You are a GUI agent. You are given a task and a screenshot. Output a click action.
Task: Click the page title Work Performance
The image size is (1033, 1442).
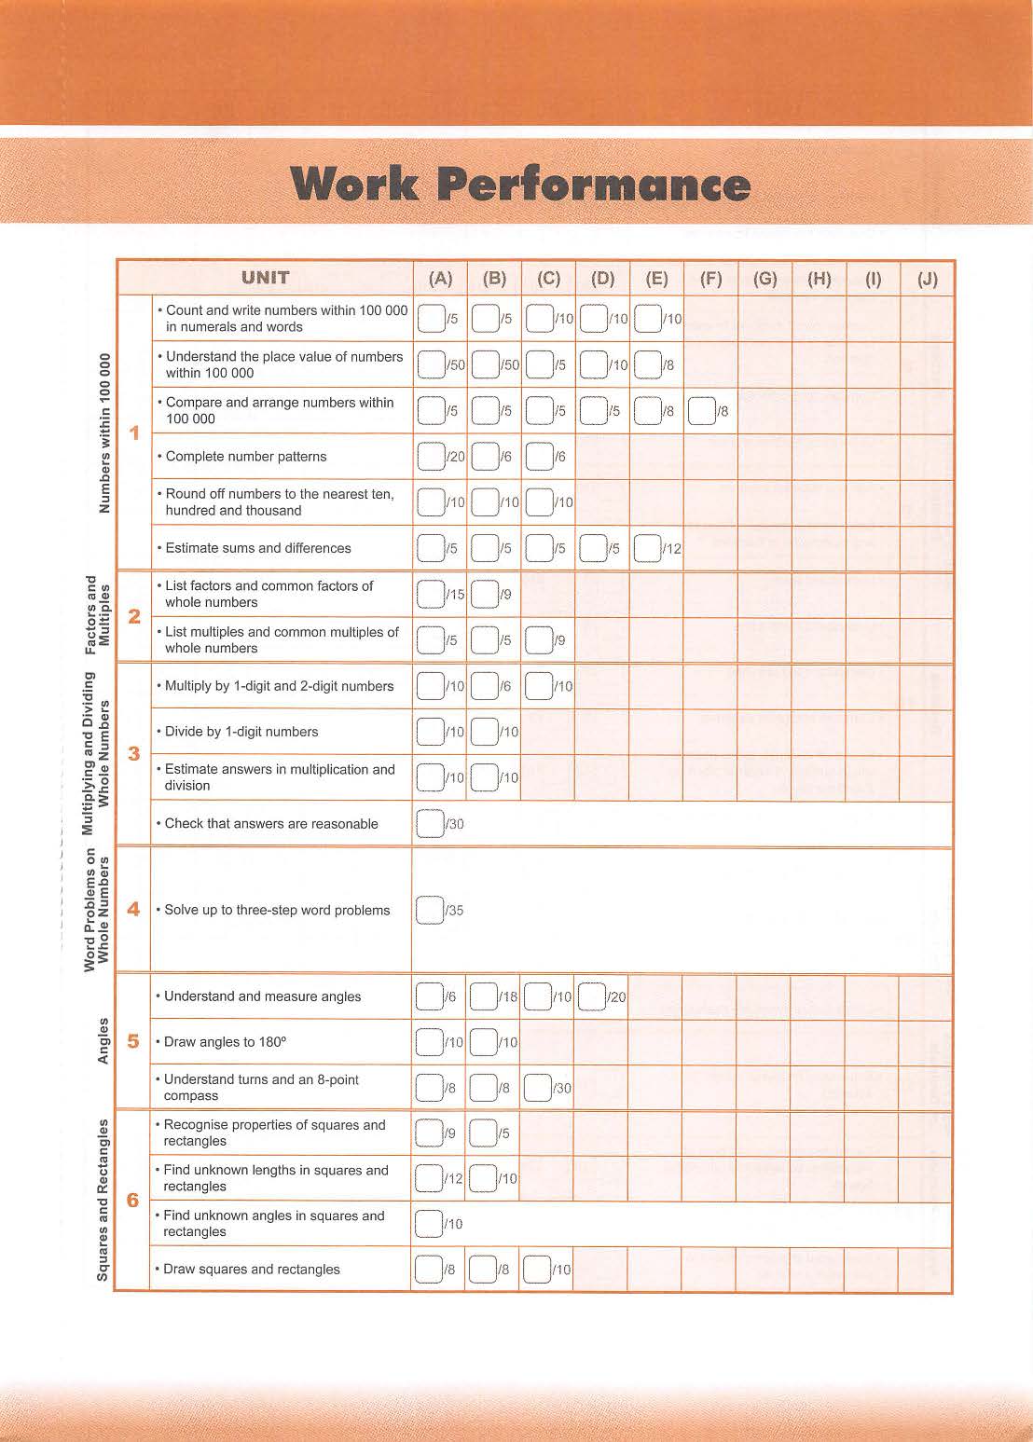click(519, 185)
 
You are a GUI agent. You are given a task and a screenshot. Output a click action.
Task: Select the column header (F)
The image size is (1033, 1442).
click(710, 279)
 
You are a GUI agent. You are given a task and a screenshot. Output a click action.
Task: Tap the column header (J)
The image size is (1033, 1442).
click(927, 279)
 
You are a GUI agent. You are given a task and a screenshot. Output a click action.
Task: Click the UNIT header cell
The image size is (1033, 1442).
click(266, 278)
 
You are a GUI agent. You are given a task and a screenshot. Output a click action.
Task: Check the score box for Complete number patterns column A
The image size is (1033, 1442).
click(430, 457)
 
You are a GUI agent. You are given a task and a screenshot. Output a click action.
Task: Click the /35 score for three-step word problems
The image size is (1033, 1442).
click(454, 911)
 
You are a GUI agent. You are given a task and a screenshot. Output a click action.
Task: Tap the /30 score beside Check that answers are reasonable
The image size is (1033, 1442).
click(454, 824)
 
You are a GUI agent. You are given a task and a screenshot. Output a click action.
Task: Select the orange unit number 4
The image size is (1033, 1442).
click(133, 910)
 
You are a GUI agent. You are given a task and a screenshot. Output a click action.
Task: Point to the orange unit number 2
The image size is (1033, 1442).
click(134, 616)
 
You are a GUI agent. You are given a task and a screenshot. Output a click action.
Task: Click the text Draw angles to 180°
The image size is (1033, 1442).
click(225, 1042)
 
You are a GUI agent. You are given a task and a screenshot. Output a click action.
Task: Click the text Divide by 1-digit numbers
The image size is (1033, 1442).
click(241, 732)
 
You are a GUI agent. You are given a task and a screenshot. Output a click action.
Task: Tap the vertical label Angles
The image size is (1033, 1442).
click(103, 1040)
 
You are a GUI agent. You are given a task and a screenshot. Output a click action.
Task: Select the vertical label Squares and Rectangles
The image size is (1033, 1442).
click(103, 1201)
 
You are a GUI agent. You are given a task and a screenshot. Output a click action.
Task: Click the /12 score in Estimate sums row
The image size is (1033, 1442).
click(672, 549)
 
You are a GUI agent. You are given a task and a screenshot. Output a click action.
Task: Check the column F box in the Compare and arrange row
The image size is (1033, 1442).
click(700, 411)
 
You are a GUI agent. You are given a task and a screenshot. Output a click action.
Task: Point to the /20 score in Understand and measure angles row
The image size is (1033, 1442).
click(616, 997)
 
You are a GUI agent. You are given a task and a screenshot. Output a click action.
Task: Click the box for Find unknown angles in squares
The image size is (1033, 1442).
click(429, 1223)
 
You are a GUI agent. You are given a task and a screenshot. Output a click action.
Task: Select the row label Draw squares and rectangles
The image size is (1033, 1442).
click(252, 1270)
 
